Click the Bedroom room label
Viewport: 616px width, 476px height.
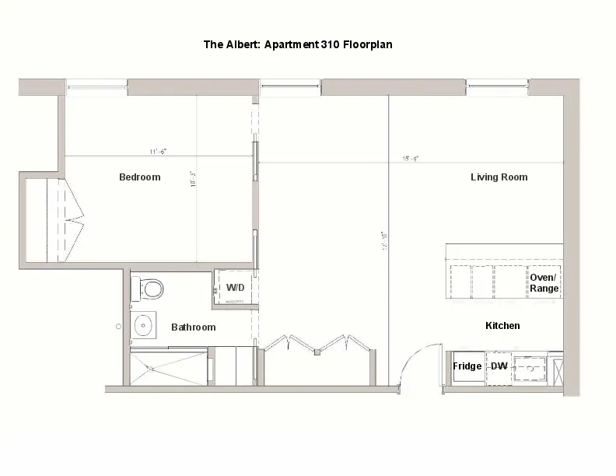(x=139, y=177)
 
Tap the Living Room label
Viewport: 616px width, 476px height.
(x=499, y=177)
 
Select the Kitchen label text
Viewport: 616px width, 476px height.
(x=502, y=326)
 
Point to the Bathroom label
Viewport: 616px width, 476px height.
(x=193, y=327)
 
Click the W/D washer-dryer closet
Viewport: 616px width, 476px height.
(x=234, y=289)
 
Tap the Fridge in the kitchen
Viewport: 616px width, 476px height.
(x=467, y=366)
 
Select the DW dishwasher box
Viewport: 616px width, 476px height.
(x=499, y=366)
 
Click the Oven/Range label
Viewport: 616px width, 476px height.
(x=544, y=283)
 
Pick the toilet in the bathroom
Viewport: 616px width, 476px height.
(x=149, y=289)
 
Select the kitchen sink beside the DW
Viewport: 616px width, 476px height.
(x=529, y=366)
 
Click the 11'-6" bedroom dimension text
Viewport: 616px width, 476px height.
(x=159, y=151)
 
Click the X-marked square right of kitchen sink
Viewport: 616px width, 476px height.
(x=555, y=367)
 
